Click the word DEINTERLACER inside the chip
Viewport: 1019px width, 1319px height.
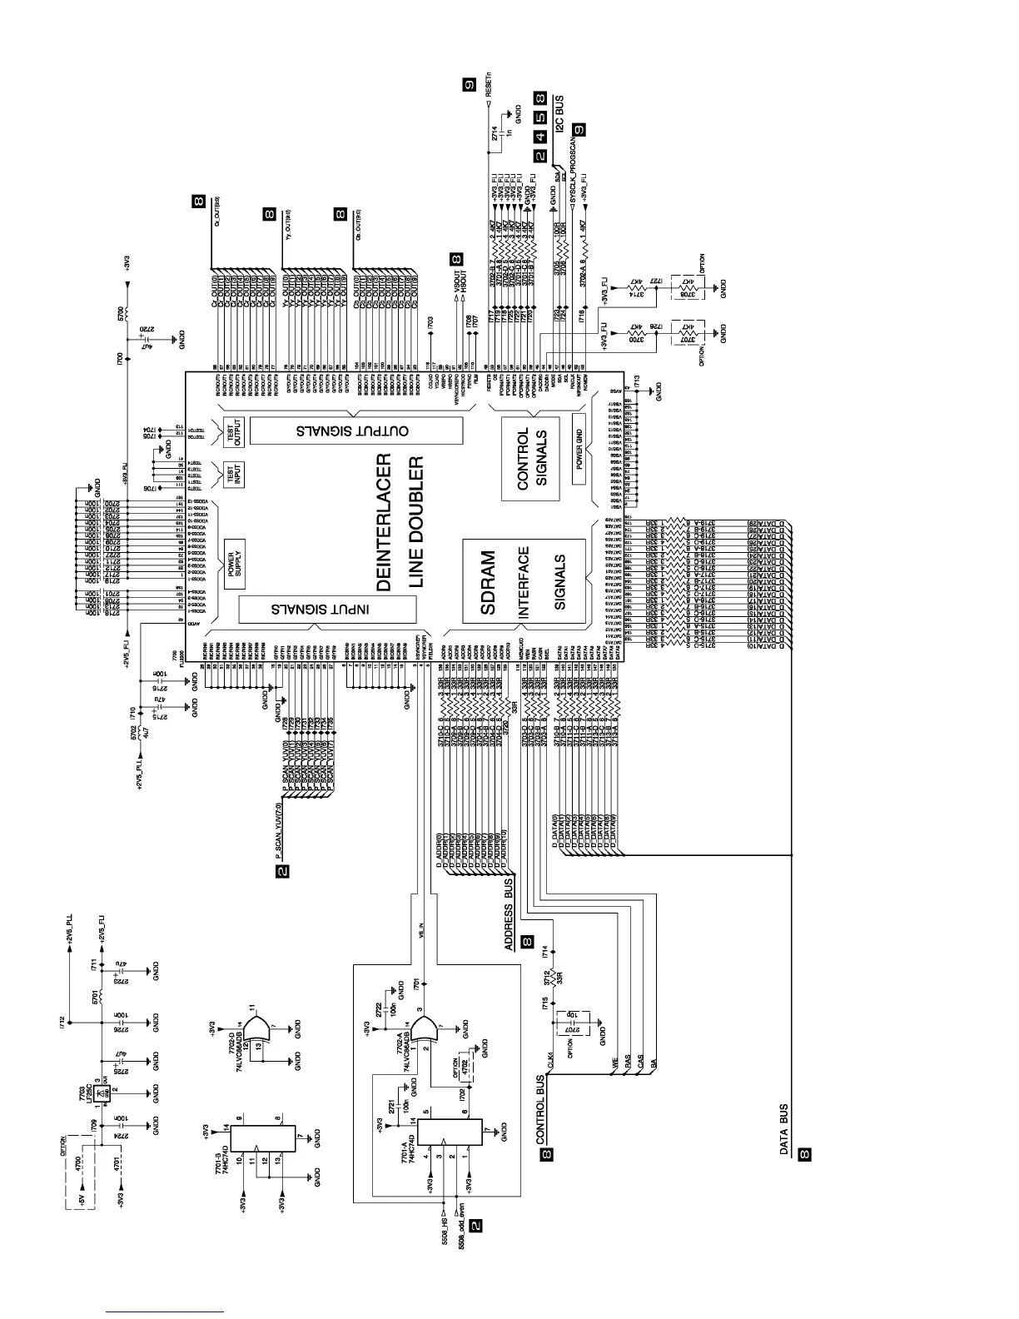tap(384, 522)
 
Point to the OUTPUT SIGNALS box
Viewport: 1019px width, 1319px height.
tap(355, 431)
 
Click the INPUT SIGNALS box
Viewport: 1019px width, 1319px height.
tap(327, 610)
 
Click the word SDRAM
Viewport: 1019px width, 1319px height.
tap(489, 582)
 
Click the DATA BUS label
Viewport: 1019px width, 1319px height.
tap(784, 1129)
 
